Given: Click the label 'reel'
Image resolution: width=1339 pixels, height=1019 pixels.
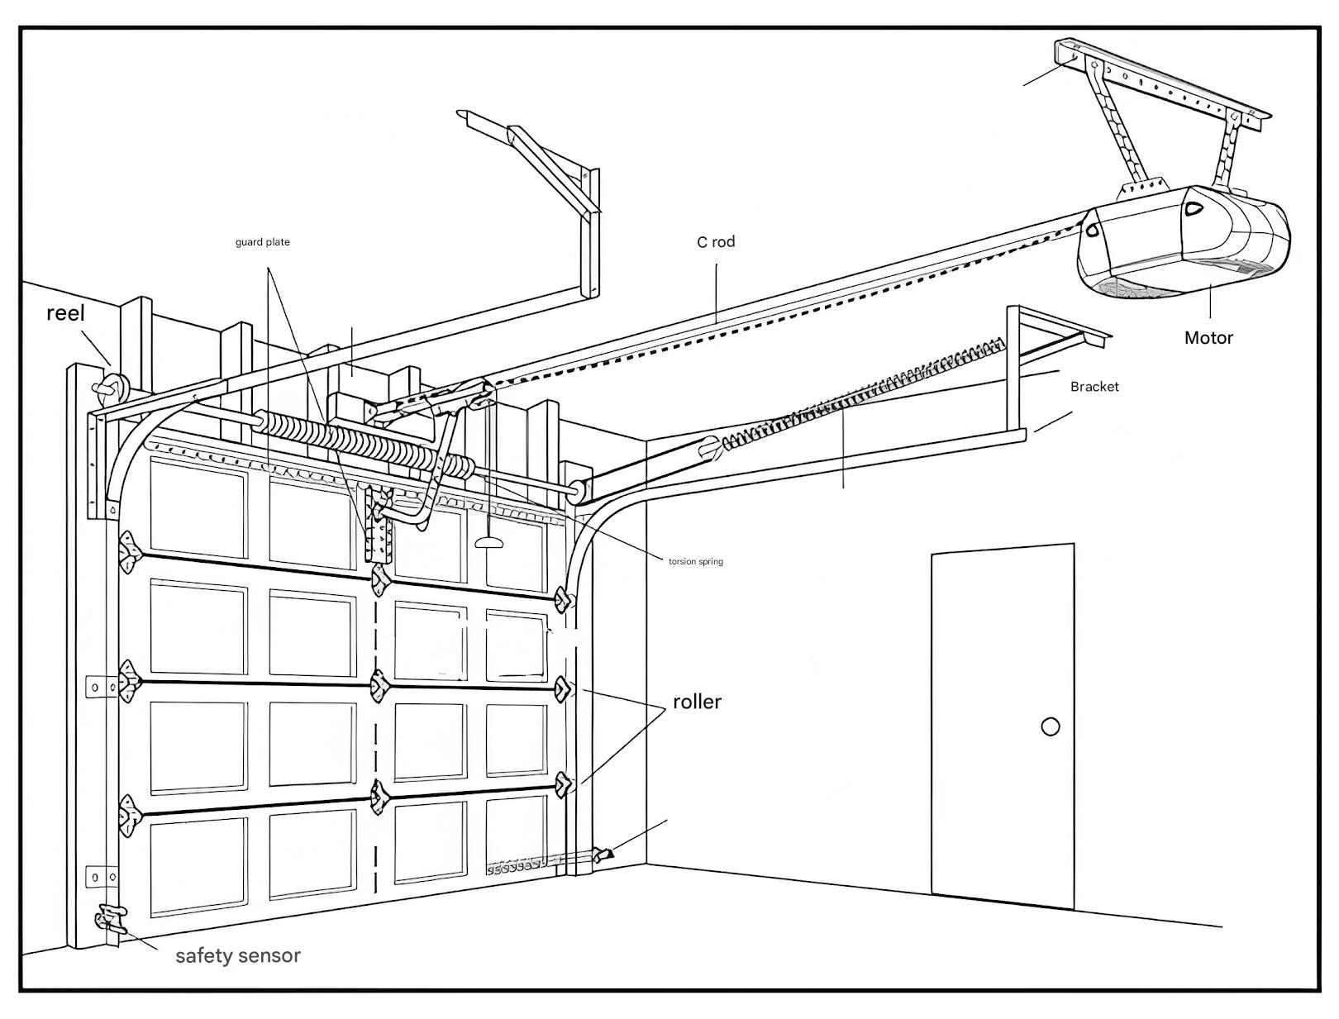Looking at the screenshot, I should [65, 313].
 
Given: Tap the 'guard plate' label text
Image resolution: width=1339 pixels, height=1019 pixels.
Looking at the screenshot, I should [263, 242].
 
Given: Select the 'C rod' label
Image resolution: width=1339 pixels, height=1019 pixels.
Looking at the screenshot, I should [716, 242].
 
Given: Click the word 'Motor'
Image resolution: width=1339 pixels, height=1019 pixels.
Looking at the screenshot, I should [1208, 337].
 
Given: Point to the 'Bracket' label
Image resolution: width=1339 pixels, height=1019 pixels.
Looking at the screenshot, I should [1094, 387].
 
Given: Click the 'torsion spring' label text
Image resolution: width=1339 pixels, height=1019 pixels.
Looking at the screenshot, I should [696, 561].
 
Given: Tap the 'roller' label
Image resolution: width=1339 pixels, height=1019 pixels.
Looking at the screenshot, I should [697, 702].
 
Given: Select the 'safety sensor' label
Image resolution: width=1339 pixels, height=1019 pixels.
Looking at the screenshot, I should [238, 955].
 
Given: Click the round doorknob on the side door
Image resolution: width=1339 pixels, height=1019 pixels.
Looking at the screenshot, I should [1051, 726].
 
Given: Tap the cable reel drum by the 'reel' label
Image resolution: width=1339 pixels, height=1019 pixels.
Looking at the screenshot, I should [110, 387].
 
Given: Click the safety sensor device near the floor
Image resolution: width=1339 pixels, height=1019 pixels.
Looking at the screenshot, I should [110, 920].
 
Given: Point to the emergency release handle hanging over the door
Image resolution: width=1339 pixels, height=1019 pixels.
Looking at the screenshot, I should [489, 541].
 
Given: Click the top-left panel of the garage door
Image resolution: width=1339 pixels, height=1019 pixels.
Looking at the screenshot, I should [198, 505].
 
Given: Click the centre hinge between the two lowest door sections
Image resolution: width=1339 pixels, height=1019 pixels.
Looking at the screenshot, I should [380, 796].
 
